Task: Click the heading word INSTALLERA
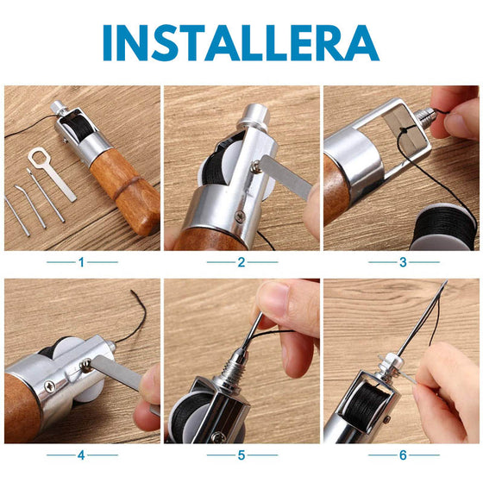(241, 43)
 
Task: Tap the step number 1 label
(81, 262)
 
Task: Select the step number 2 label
(241, 262)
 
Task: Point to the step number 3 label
(404, 262)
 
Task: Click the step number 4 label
(81, 455)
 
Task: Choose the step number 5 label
(241, 455)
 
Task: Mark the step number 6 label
(404, 455)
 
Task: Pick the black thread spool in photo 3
(443, 228)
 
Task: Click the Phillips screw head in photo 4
(50, 386)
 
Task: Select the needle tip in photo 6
(446, 281)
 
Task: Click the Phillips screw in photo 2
(240, 216)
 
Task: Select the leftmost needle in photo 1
(17, 216)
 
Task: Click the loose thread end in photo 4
(132, 292)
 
